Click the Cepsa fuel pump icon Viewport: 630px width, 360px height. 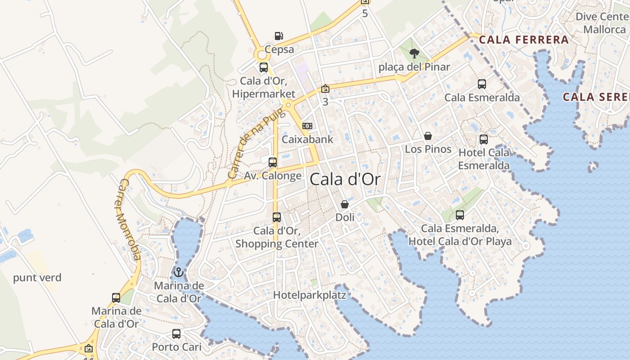(279, 36)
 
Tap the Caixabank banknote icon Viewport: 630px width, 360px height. (308, 126)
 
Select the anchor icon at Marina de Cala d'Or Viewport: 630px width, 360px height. (179, 272)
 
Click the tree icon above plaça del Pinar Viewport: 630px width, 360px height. (414, 54)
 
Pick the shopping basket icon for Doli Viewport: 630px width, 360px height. (345, 204)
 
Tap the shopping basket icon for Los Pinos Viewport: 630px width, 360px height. (428, 136)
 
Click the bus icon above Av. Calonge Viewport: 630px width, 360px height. (273, 162)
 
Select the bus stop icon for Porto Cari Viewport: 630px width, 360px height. (176, 334)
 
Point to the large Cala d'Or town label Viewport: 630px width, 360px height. (345, 180)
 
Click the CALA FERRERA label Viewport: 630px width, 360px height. (524, 40)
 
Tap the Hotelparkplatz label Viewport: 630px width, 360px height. (310, 295)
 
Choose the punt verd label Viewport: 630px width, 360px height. (37, 278)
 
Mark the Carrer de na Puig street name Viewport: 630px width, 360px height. (256, 143)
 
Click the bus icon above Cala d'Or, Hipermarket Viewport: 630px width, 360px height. (264, 68)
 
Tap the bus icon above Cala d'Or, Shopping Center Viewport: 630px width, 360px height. (277, 217)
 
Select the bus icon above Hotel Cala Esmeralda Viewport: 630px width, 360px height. (484, 139)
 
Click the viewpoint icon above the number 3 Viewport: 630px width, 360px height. (325, 89)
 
